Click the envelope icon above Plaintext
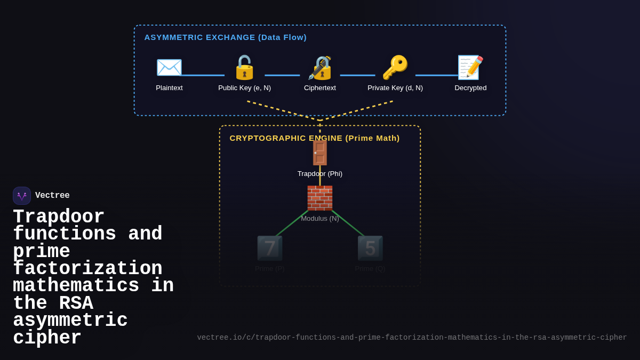pos(169,68)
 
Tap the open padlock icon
pos(244,68)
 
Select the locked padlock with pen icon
pos(320,68)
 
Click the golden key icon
pos(395,68)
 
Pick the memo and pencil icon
pos(470,68)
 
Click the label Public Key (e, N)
pos(244,88)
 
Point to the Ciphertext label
pos(320,88)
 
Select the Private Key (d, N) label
pos(395,88)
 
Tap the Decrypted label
pos(470,88)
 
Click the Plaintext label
pos(169,88)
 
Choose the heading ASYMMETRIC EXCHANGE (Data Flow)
pos(225,37)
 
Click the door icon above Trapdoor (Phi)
pos(320,153)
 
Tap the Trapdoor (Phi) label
pos(320,174)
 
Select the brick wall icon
pos(320,198)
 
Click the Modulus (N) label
pos(320,219)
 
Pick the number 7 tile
pos(270,248)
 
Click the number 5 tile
pos(370,248)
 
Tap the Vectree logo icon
pos(22,196)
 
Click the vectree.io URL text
pos(412,338)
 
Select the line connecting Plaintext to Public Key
pos(203,75)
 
